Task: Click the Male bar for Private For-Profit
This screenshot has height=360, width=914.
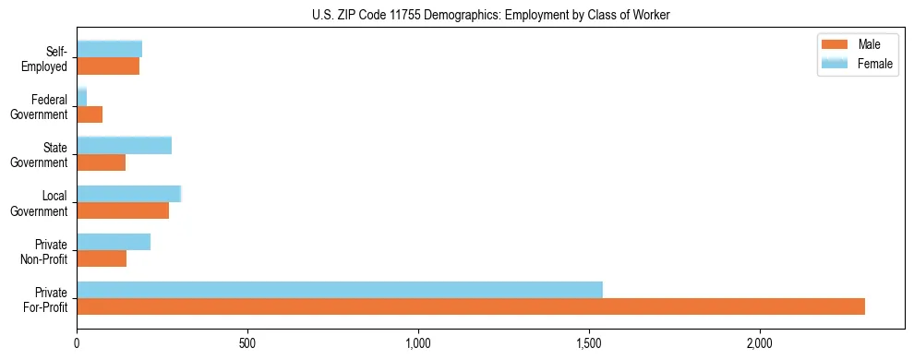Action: click(471, 306)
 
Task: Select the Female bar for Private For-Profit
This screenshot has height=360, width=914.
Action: click(340, 290)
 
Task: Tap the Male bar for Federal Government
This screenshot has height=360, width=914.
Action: click(90, 114)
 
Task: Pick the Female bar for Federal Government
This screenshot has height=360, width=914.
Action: click(81, 97)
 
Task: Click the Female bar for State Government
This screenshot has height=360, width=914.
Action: click(124, 145)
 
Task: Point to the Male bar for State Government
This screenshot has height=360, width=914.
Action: click(101, 162)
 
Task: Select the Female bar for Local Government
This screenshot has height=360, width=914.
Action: click(128, 194)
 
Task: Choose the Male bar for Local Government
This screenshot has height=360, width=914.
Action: click(123, 210)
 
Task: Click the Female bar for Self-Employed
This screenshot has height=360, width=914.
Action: click(109, 49)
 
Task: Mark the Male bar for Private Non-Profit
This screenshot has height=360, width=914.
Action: click(102, 258)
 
